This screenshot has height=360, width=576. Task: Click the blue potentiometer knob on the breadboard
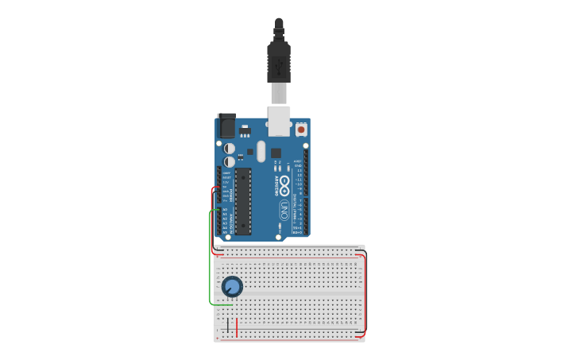232,287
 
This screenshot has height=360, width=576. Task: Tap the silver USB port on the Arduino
279,119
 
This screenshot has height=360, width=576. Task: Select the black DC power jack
226,126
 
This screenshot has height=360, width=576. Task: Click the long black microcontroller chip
243,201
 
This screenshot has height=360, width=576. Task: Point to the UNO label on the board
284,211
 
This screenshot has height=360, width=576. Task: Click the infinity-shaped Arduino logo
284,183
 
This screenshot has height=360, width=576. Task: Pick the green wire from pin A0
210,262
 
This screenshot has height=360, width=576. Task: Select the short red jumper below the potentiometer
237,327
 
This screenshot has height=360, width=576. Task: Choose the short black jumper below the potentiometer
229,326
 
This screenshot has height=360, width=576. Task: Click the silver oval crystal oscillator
261,151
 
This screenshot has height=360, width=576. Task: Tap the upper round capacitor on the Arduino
230,148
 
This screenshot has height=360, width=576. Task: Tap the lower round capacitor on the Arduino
230,161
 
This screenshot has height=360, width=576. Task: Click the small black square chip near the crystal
276,153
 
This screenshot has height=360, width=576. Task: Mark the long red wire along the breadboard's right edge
365,294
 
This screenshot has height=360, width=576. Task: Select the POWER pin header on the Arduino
219,188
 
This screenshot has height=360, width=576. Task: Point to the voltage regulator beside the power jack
245,130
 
